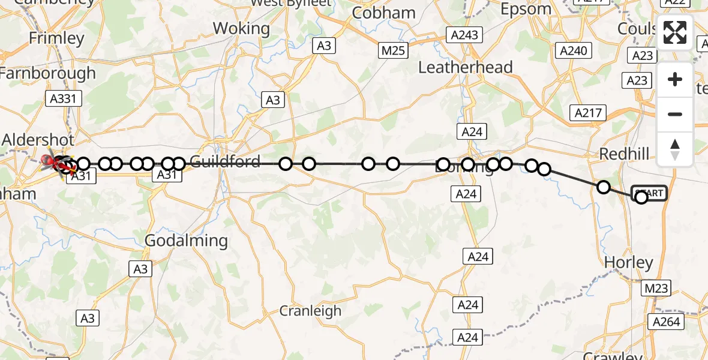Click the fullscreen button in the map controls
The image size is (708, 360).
click(x=675, y=32)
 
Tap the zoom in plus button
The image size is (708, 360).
click(x=675, y=79)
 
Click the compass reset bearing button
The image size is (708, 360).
click(x=675, y=149)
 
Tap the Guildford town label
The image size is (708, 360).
click(x=225, y=161)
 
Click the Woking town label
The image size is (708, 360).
click(x=241, y=28)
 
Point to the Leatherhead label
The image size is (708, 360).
click(x=465, y=67)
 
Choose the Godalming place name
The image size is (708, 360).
click(x=187, y=241)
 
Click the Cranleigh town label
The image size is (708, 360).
click(x=310, y=311)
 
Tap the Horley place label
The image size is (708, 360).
click(x=628, y=263)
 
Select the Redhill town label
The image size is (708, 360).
click(x=624, y=154)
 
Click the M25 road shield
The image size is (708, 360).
click(x=393, y=51)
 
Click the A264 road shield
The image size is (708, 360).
click(x=667, y=322)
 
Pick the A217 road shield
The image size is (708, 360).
click(x=589, y=112)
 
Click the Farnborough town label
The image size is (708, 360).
click(x=48, y=73)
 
